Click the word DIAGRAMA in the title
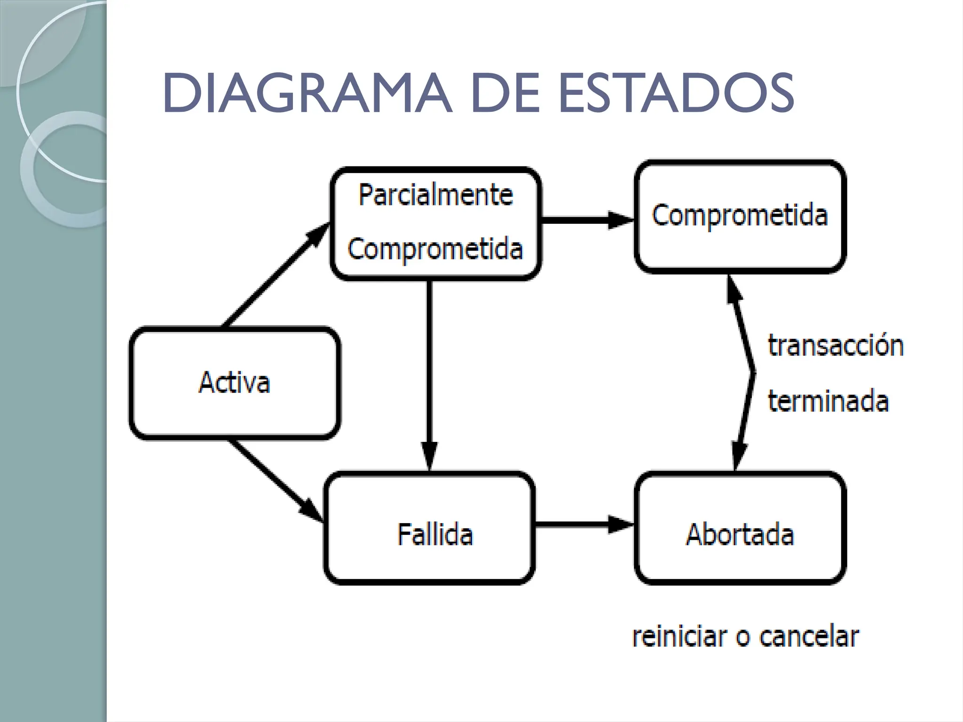point(307,94)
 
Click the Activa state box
point(234,383)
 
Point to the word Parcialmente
point(435,195)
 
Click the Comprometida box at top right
point(740,216)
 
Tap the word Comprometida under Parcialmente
point(435,249)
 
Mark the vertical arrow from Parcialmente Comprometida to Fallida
point(429,371)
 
